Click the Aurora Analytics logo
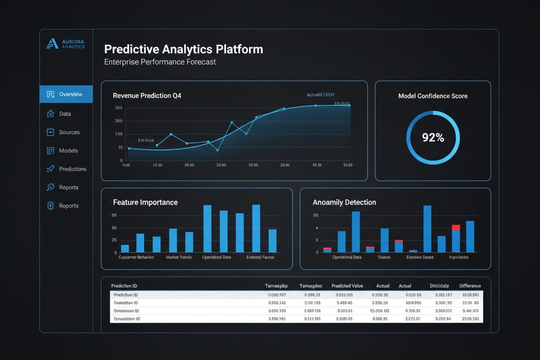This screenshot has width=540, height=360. click(x=65, y=44)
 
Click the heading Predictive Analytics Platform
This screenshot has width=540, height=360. click(x=183, y=49)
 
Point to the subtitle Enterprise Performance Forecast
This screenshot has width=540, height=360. click(x=160, y=62)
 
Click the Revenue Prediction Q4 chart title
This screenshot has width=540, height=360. click(x=147, y=95)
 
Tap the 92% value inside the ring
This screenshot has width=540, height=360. click(x=432, y=137)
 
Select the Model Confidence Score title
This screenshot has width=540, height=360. click(x=432, y=96)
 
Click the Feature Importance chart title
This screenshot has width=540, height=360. click(x=145, y=202)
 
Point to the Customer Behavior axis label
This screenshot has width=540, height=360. click(x=136, y=257)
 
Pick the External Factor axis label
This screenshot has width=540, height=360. click(x=260, y=257)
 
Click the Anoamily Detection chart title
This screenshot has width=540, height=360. click(x=344, y=202)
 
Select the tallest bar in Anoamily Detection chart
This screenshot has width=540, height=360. click(x=427, y=228)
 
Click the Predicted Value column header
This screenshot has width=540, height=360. click(x=347, y=286)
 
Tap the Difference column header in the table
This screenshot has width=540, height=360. click(x=470, y=286)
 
